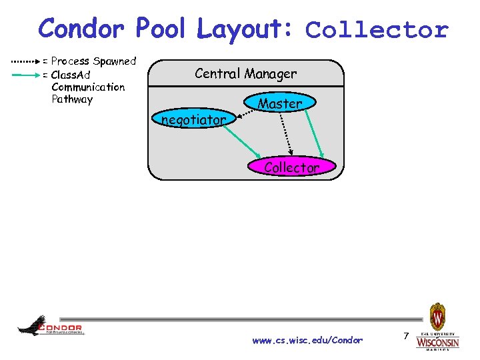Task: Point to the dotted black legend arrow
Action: click(25, 61)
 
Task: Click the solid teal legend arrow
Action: click(25, 75)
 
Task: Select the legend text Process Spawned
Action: click(93, 61)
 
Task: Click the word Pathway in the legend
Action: click(72, 100)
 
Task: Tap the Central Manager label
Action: click(245, 73)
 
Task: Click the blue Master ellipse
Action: click(280, 103)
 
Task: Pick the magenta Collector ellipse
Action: click(291, 167)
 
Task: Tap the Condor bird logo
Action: click(50, 326)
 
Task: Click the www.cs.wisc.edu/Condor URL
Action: click(307, 341)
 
